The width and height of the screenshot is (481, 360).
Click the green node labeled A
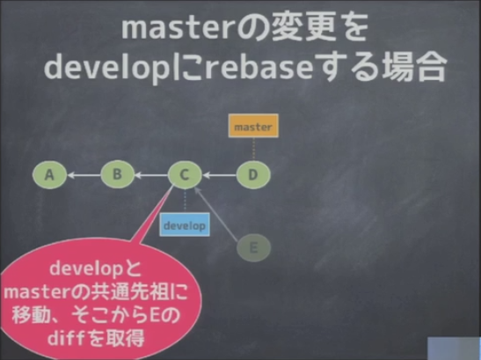click(49, 175)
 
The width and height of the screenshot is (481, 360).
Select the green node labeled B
click(118, 174)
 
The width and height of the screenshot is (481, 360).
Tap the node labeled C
click(185, 175)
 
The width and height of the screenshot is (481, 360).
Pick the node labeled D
click(253, 175)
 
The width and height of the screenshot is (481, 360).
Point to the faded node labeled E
click(254, 247)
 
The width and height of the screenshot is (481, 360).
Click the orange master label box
click(253, 126)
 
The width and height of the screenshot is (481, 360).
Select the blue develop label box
click(185, 224)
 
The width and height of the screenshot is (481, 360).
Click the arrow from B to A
click(84, 175)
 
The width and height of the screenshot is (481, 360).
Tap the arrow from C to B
click(151, 175)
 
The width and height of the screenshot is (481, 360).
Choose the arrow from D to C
click(219, 175)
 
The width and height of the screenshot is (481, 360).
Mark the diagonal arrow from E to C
click(216, 214)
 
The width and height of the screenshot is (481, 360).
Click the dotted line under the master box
click(253, 149)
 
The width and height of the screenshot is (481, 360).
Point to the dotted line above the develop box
click(185, 201)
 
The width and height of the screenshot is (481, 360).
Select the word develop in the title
click(107, 68)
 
